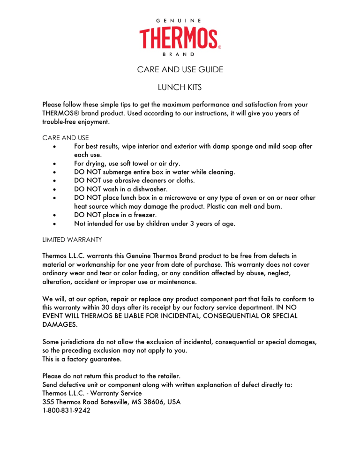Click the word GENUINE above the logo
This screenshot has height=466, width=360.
coord(180,21)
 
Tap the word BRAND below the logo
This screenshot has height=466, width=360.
coord(180,54)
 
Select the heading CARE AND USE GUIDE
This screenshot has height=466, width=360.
coord(180,70)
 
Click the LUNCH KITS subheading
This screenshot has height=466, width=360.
coord(180,87)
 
